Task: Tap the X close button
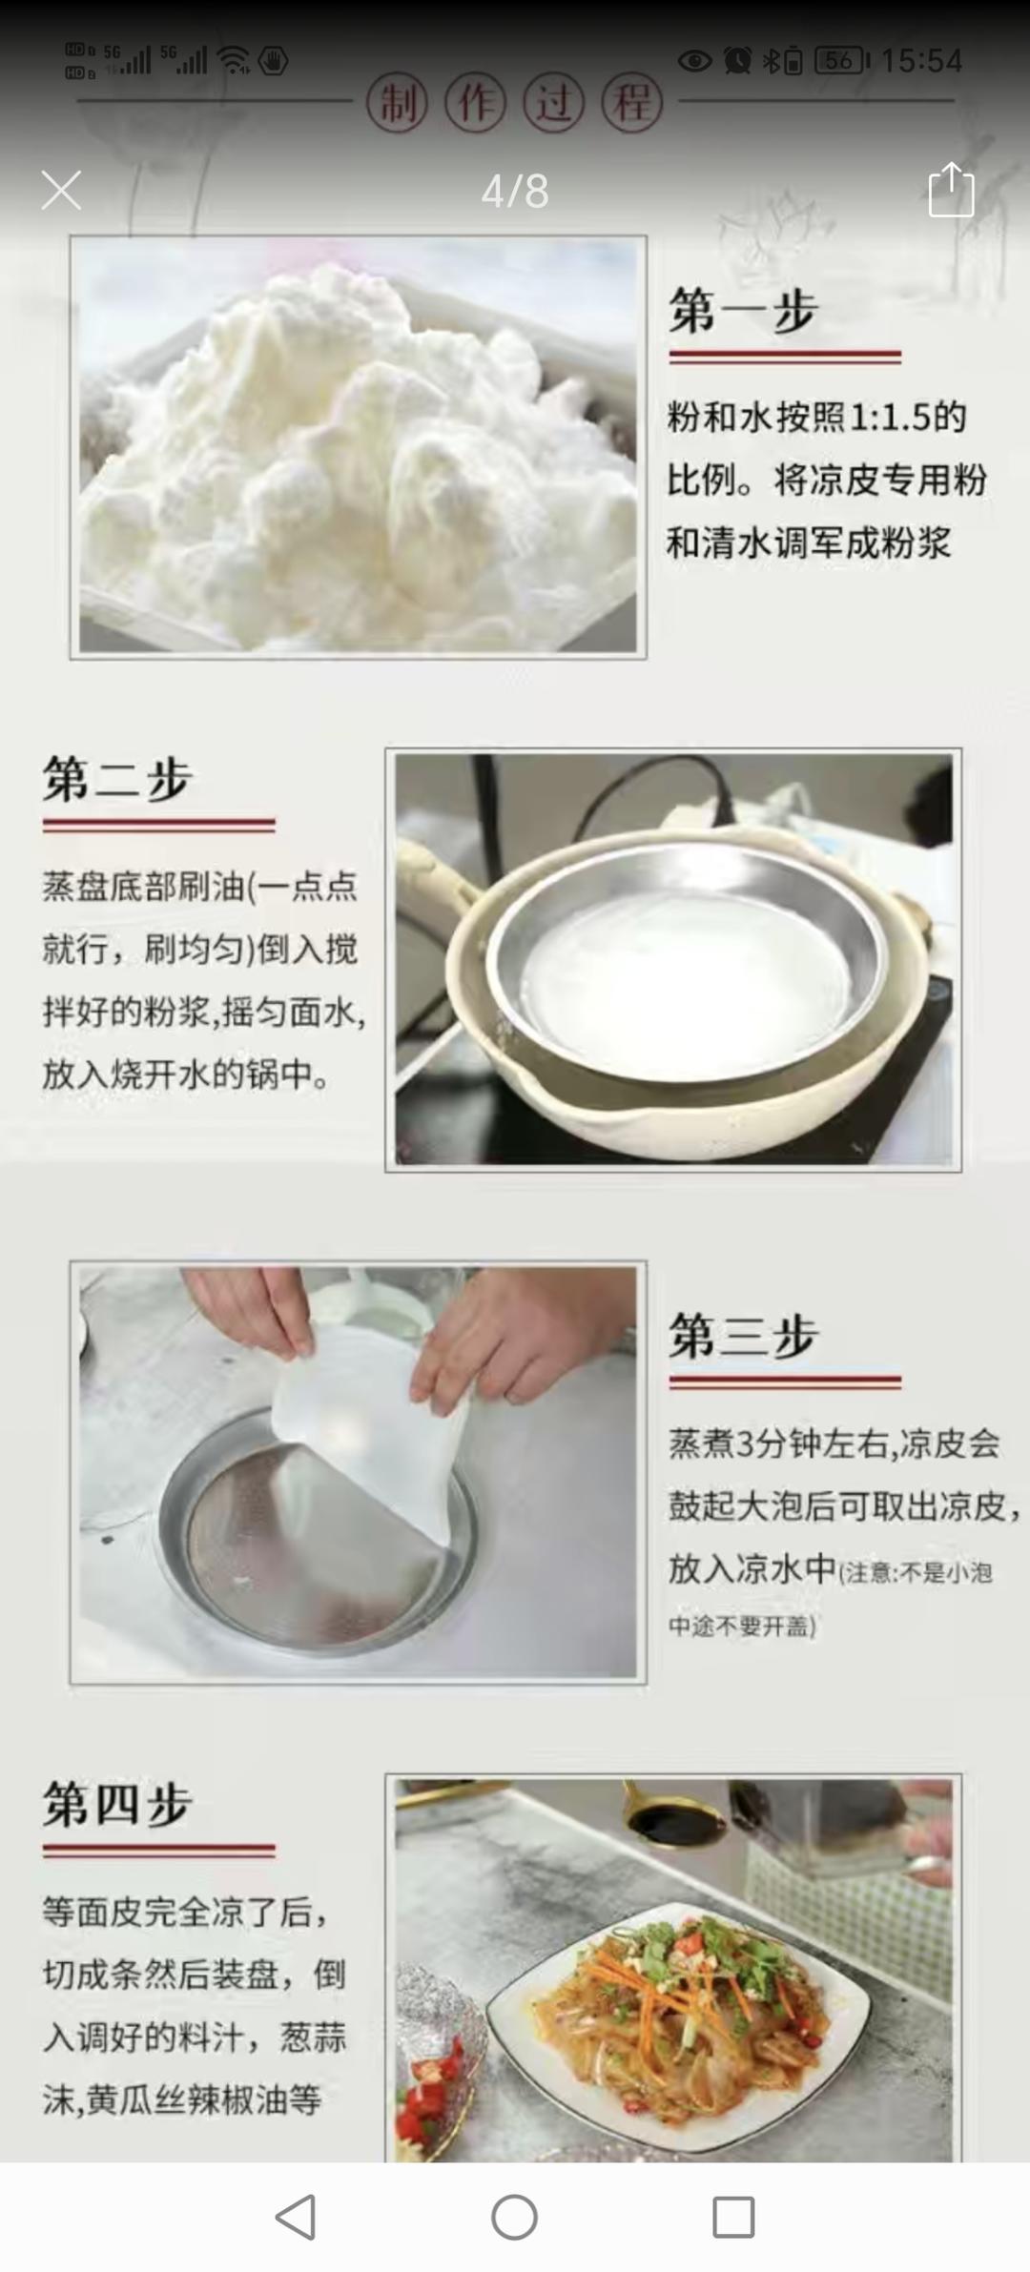(61, 191)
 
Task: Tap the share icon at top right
(951, 190)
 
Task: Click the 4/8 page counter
(515, 192)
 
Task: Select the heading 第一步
(743, 310)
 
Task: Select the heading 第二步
(117, 778)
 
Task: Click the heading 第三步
(743, 1335)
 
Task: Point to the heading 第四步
(117, 1803)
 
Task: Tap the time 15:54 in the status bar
(920, 61)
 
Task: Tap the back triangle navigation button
(296, 2217)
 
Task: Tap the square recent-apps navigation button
(733, 2217)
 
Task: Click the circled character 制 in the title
(398, 103)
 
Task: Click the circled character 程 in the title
(632, 103)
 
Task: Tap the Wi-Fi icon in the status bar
(233, 61)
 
